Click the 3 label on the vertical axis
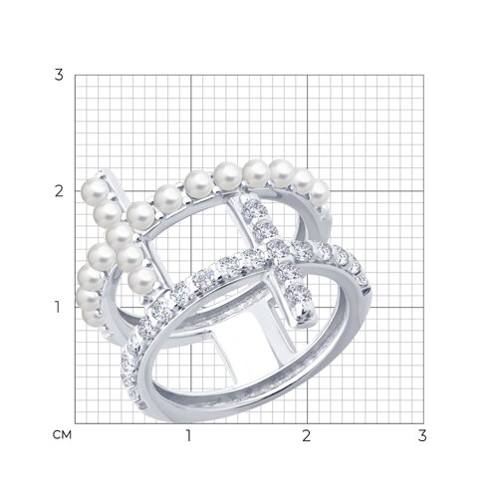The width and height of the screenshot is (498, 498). pos(59,75)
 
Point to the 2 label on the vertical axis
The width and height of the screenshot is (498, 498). pos(59,191)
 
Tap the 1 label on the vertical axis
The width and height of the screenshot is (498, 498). pos(58,307)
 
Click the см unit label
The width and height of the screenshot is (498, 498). pos(62,434)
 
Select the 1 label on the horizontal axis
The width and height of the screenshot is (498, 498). pos(188,435)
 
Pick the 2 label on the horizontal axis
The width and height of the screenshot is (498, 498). pos(306,435)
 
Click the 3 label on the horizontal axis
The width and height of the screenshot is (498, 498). pos(422,435)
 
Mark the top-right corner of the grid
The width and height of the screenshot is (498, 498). pos(423,75)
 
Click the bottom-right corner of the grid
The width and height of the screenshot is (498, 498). pos(423,423)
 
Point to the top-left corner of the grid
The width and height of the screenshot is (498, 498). pos(75,75)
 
